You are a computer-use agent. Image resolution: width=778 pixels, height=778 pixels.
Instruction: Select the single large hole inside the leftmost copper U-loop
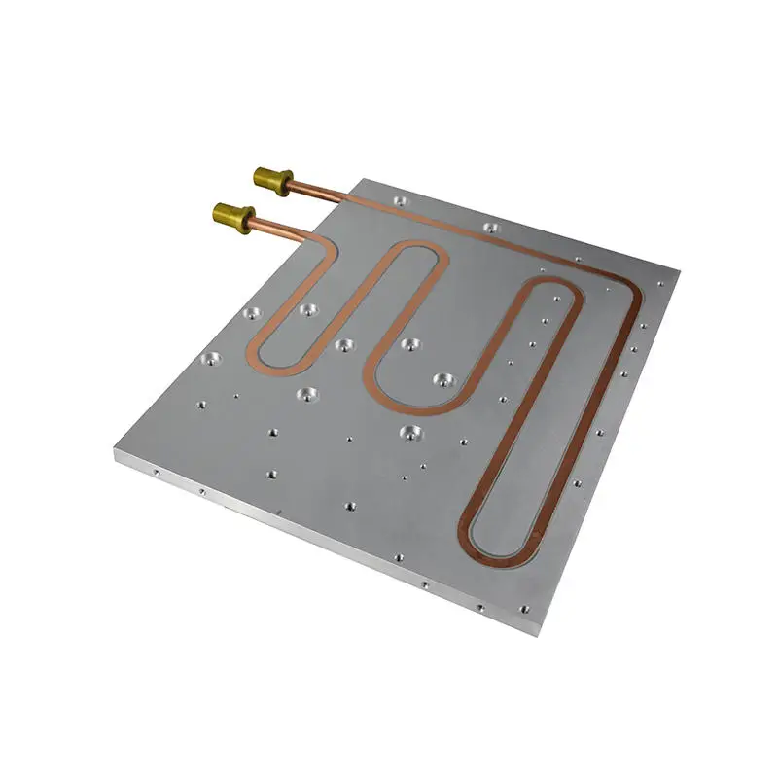(309, 310)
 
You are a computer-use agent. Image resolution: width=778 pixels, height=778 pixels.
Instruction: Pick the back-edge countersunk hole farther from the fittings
(489, 228)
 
